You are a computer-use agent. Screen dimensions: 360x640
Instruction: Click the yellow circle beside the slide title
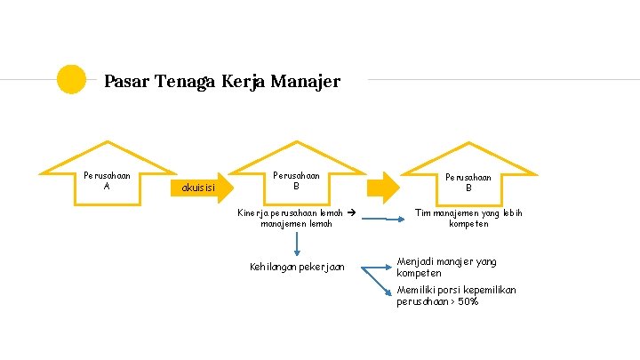(71, 79)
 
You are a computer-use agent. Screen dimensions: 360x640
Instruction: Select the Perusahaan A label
(107, 180)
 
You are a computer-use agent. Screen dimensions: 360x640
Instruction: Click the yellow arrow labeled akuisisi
(203, 188)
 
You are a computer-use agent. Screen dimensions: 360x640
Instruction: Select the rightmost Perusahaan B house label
(468, 182)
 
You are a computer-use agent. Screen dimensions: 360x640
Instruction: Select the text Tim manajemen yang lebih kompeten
(468, 218)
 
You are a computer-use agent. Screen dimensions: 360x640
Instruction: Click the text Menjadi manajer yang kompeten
(446, 267)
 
